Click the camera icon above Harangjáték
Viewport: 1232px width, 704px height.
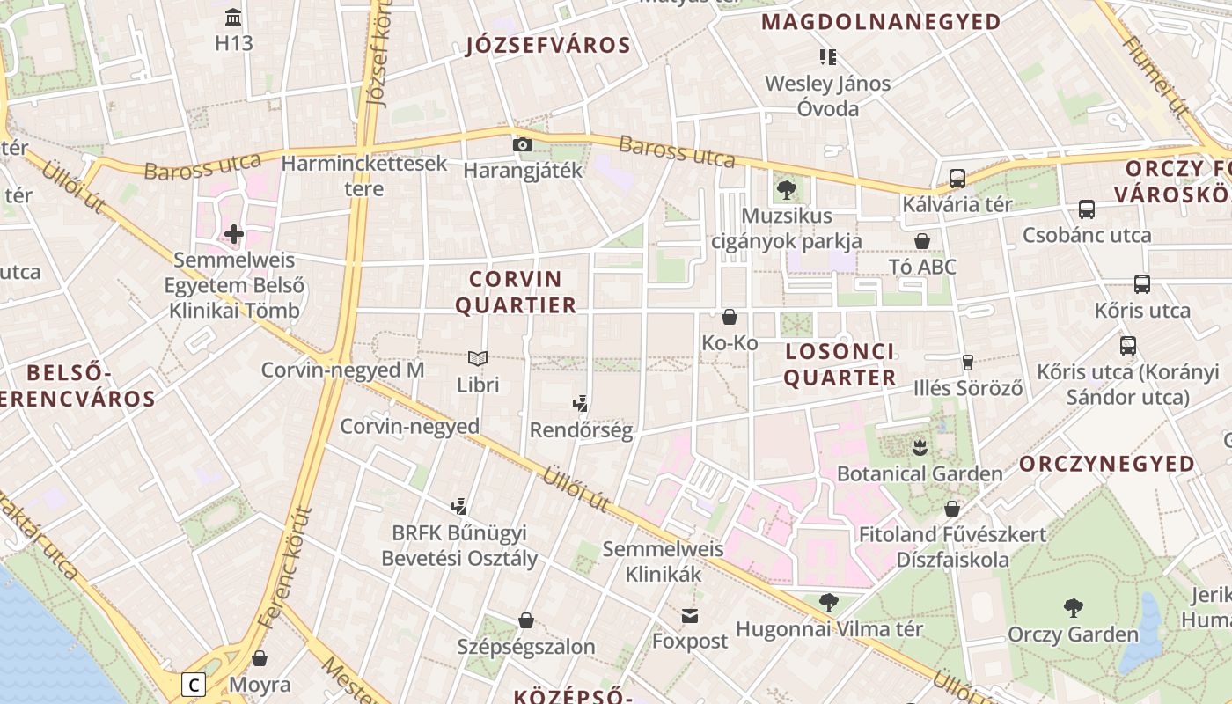coord(523,144)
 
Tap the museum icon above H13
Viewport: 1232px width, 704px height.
coord(233,17)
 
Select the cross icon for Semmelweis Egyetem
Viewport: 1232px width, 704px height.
coord(234,234)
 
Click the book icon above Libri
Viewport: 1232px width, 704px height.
coord(478,359)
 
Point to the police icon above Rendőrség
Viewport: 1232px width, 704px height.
coord(580,405)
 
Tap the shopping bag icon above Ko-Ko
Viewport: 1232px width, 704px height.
coord(730,317)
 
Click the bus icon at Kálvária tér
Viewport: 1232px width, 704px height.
coord(957,179)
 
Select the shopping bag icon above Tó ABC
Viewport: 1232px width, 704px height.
coord(922,241)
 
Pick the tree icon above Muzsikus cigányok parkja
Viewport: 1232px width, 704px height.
coord(787,190)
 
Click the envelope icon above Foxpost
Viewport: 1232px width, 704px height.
coord(690,615)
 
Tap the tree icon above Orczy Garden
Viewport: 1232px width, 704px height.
coord(1073,607)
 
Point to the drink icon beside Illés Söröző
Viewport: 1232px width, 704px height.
coord(968,362)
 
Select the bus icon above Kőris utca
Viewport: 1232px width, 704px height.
coord(1142,284)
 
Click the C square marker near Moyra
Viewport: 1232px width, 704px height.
coord(194,685)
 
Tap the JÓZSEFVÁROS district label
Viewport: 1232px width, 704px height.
coord(548,46)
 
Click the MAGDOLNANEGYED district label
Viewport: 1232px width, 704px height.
coord(881,22)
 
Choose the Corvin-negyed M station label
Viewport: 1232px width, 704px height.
coord(342,370)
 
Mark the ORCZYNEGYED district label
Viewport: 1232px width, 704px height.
coord(1107,464)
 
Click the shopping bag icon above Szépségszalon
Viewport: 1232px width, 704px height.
coord(526,621)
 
